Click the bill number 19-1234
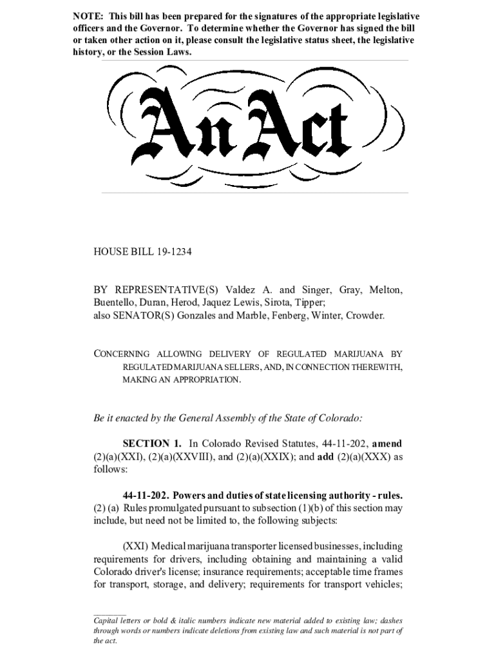click(x=173, y=251)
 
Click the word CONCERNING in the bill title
click(x=122, y=354)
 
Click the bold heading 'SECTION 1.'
click(x=152, y=444)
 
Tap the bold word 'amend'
click(x=388, y=444)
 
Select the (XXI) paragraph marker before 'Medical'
click(x=135, y=547)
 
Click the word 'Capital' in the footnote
click(x=106, y=619)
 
